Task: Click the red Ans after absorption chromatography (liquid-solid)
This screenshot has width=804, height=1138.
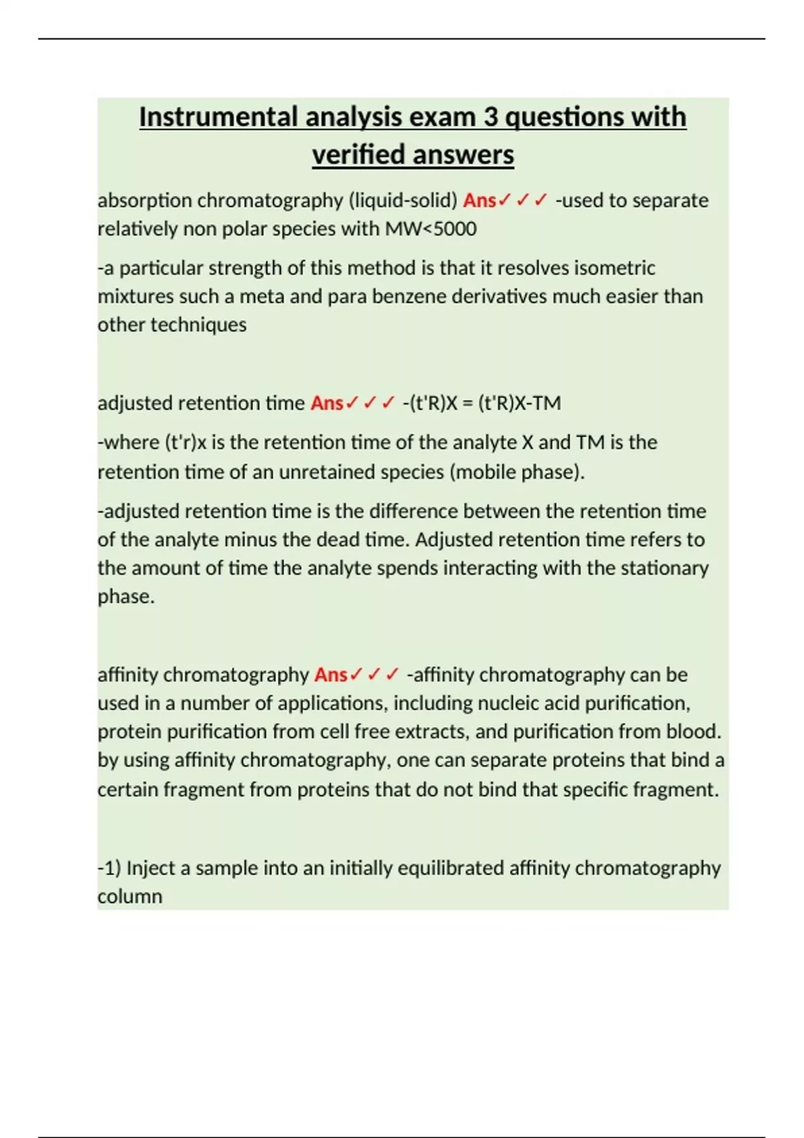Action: coord(479,200)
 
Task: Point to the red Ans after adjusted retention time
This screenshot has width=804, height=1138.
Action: coord(327,403)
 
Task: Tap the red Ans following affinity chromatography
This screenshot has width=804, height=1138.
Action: coord(331,675)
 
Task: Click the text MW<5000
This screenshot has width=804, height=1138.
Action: coord(431,229)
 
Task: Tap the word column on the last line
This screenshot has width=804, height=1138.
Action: coord(130,896)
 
